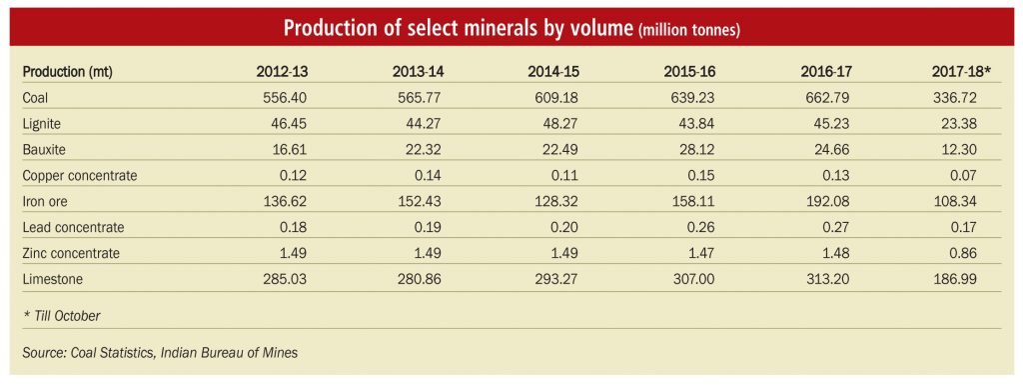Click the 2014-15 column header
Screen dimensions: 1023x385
(553, 72)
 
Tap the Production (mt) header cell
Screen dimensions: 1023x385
(68, 72)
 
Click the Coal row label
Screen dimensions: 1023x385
(35, 99)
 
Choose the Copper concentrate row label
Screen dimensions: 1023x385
(80, 176)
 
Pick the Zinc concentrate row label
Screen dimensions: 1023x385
(71, 253)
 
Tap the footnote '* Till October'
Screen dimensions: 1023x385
(61, 316)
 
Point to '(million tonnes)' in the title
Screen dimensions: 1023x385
(689, 31)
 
